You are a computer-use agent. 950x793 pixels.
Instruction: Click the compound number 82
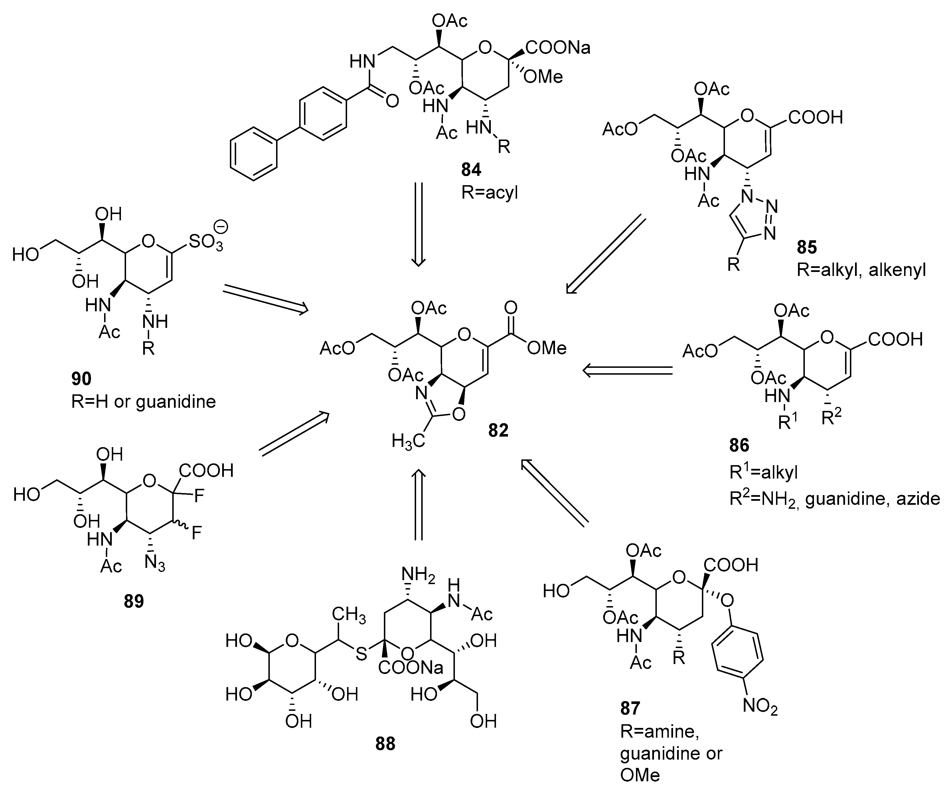(x=498, y=430)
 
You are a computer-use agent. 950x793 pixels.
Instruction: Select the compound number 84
(x=471, y=170)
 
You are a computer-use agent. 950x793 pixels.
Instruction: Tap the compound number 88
(x=385, y=744)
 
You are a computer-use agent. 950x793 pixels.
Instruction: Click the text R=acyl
(x=489, y=193)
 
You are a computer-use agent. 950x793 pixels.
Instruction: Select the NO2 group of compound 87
(x=760, y=706)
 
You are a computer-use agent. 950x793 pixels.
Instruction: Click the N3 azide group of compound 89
(x=155, y=563)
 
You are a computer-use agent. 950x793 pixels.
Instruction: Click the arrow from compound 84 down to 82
(x=418, y=224)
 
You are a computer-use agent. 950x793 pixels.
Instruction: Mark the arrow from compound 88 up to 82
(x=418, y=505)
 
